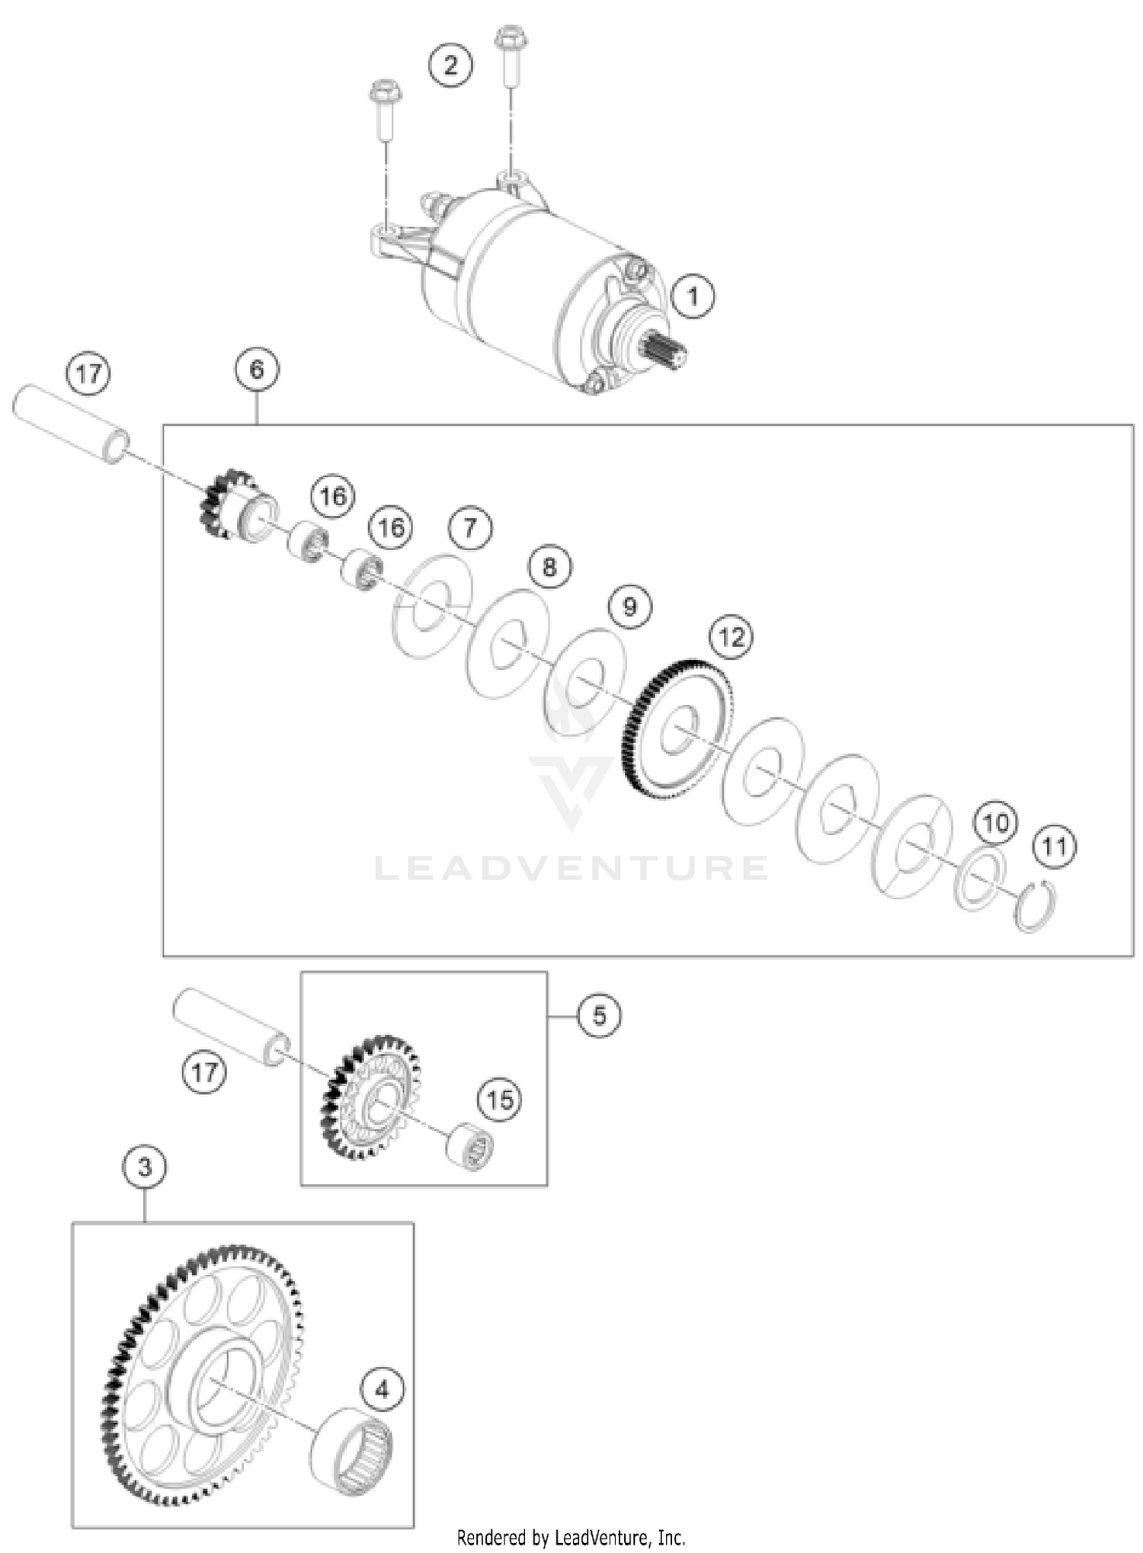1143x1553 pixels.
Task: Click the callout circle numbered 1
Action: coord(693,296)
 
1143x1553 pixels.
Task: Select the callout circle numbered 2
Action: coord(450,65)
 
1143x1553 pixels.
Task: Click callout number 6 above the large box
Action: coord(257,370)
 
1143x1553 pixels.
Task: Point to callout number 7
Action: coord(470,527)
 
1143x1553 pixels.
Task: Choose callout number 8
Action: coord(549,567)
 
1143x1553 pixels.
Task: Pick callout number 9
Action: coord(629,607)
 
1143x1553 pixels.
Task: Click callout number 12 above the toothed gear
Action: coord(732,637)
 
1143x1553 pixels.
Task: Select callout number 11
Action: coord(1055,847)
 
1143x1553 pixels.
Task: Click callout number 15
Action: coord(500,1100)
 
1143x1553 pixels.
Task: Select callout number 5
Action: coord(599,1016)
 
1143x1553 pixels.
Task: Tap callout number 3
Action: coord(145,1167)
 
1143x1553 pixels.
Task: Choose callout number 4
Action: coord(382,1389)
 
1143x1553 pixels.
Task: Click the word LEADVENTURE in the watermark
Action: coord(571,869)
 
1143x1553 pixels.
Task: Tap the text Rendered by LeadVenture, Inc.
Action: coord(571,1537)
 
